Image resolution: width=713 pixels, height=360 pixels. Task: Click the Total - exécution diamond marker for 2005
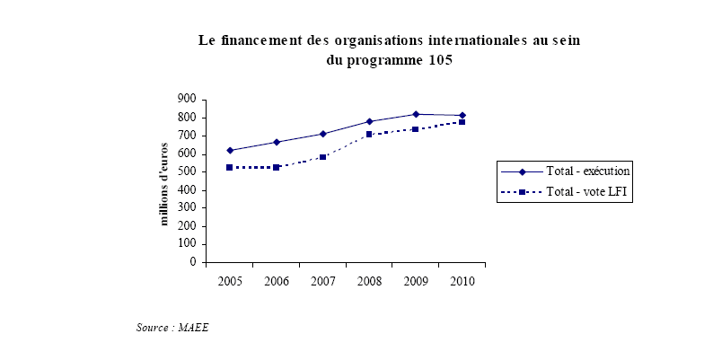230,150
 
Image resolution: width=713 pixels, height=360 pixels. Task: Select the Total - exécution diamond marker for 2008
369,121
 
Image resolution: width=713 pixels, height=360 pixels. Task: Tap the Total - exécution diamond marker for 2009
416,114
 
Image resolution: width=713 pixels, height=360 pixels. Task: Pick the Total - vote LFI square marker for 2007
322,157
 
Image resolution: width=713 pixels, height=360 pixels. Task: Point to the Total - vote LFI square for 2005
230,167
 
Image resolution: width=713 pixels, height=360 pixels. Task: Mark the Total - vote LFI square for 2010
462,121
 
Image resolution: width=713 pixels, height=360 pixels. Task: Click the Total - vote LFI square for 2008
369,135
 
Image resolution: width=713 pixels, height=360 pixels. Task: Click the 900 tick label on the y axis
188,99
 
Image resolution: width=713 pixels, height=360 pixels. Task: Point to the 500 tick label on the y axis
188,171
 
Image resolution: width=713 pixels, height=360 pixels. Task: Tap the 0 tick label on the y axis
193,263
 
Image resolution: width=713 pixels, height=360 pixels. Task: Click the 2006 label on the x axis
276,281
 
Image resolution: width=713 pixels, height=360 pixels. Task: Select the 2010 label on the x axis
462,281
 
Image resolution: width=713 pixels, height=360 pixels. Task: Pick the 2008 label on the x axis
369,281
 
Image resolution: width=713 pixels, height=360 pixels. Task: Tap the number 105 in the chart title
438,61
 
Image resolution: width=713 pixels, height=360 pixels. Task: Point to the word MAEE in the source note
193,328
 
